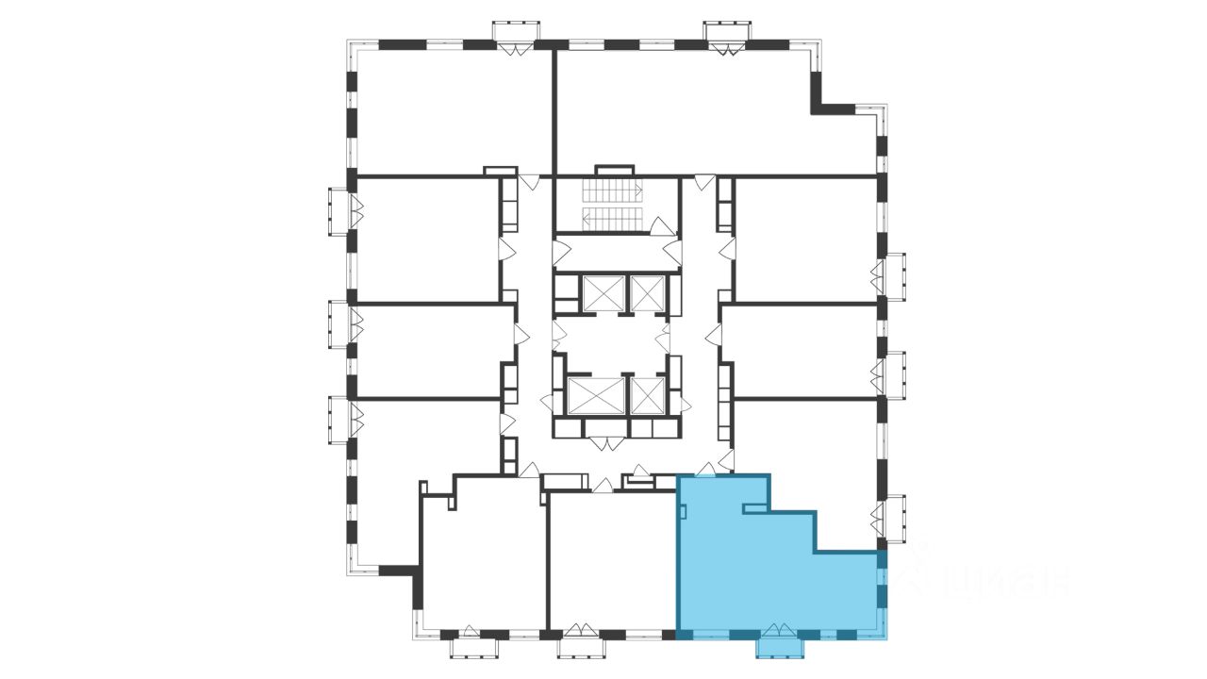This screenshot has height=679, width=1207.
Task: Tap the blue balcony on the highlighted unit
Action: [780, 646]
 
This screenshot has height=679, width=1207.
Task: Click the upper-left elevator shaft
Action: [603, 292]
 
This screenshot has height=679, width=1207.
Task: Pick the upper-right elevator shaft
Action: [647, 292]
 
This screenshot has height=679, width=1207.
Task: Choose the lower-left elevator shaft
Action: [596, 396]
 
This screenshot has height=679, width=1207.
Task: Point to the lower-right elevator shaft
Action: [647, 396]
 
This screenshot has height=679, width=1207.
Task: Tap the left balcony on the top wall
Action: [519, 36]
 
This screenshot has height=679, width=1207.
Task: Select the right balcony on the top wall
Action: [729, 36]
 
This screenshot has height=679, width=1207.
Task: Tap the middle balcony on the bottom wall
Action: [581, 647]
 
